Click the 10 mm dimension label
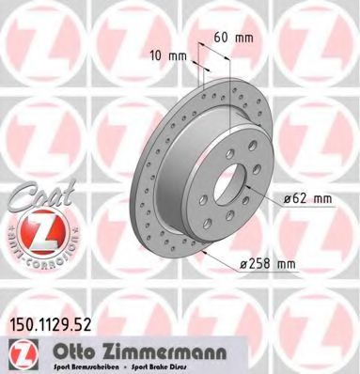[x=169, y=55]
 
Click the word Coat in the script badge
[x=39, y=195]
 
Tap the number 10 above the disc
[x=159, y=55]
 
